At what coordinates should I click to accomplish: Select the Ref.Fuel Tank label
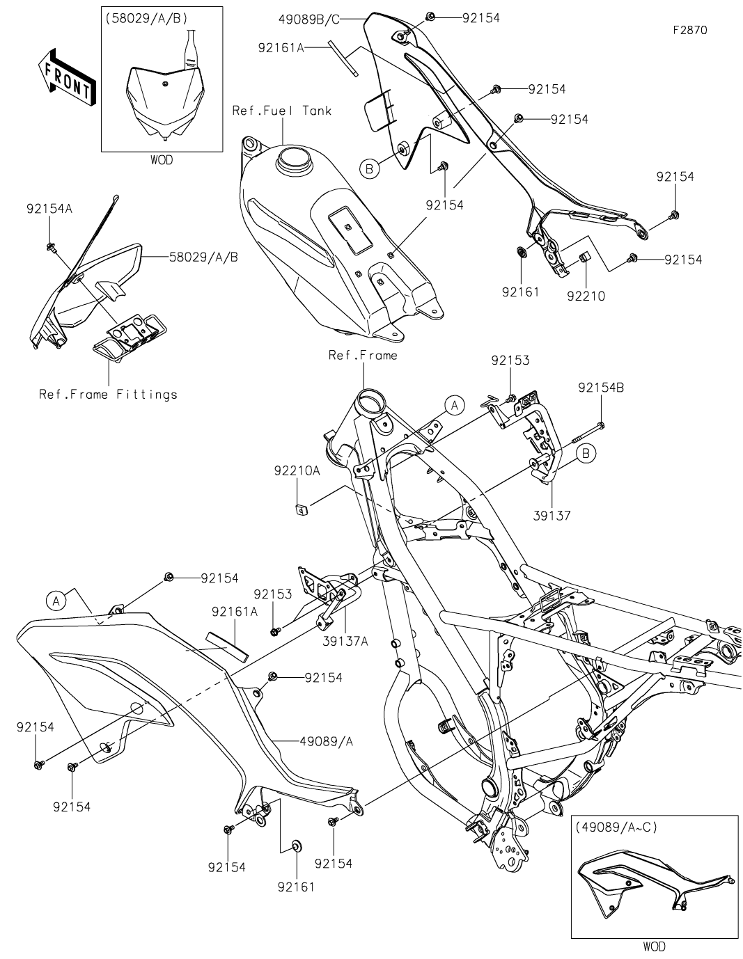[282, 111]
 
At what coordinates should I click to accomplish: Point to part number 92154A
[49, 208]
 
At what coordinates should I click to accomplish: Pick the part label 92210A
[296, 471]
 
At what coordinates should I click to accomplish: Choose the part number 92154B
[600, 388]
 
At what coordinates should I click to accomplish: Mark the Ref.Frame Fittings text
[109, 395]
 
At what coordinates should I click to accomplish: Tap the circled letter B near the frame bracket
[586, 454]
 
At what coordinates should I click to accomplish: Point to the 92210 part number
[586, 296]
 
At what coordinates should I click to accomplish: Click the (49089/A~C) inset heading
[616, 827]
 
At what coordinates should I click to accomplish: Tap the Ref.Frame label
[363, 356]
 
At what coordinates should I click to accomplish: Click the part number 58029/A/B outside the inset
[203, 257]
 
